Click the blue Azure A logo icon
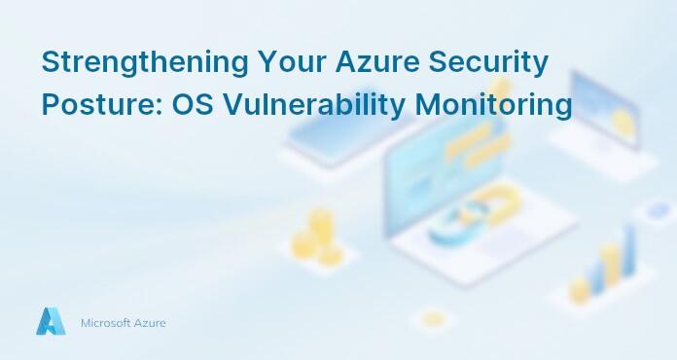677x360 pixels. pos(51,322)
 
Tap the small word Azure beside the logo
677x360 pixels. pos(150,322)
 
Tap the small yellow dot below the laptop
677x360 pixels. pos(432,318)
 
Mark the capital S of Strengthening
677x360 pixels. pos(50,63)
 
